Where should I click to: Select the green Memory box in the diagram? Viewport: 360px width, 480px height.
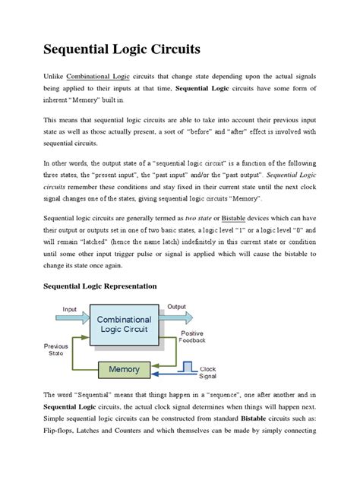click(124, 369)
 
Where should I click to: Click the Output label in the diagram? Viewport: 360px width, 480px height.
click(176, 307)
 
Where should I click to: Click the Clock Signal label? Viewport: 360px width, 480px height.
click(207, 373)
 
